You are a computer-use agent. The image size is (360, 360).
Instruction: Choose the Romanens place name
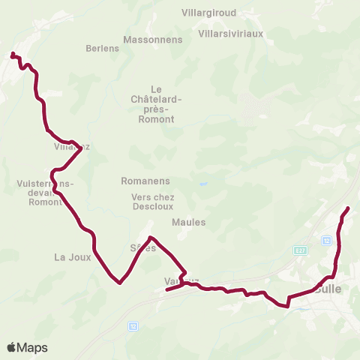click(x=145, y=181)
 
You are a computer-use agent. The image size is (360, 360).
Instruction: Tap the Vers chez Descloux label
click(x=153, y=202)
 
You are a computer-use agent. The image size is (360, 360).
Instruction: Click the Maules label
click(x=187, y=221)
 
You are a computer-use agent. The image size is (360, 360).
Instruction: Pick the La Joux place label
click(x=72, y=256)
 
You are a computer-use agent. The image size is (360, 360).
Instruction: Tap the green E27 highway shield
click(x=301, y=250)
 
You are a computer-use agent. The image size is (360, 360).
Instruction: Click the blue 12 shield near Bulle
click(x=326, y=240)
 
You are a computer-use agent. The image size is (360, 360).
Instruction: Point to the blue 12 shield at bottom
click(x=133, y=326)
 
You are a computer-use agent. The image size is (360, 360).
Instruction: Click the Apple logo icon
click(x=12, y=347)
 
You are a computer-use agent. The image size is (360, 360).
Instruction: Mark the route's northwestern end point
click(x=12, y=54)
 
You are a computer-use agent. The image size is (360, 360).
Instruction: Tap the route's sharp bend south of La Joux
click(x=119, y=283)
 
